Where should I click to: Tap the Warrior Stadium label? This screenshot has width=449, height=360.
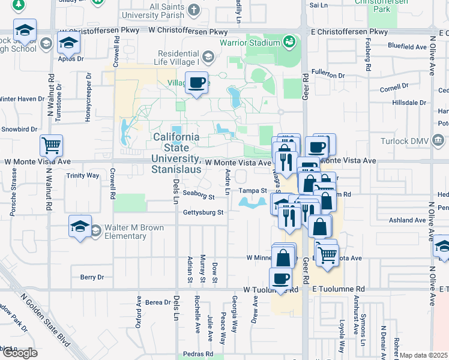click(x=249, y=43)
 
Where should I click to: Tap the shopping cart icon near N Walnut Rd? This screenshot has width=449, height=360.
click(x=51, y=145)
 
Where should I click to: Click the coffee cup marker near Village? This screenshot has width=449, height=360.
click(x=196, y=83)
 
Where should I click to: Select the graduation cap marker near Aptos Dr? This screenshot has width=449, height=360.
click(x=69, y=43)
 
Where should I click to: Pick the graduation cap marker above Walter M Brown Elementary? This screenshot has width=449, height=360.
click(x=80, y=226)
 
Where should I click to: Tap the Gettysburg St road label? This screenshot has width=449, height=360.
click(x=203, y=212)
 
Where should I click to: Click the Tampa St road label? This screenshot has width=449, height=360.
click(x=253, y=191)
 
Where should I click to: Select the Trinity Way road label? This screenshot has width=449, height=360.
click(x=83, y=176)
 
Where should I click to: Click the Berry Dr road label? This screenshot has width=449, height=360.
click(x=92, y=277)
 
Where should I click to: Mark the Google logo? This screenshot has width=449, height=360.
click(x=20, y=353)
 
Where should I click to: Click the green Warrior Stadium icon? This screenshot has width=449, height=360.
click(x=289, y=42)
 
